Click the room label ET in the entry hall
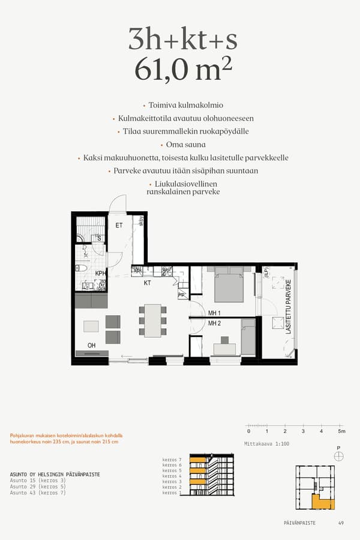coord(119,226)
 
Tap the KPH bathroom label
coord(100,274)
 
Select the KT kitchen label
coord(147,283)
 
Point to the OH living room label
coord(91,345)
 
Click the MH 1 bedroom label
coord(215,313)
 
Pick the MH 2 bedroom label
coord(215,323)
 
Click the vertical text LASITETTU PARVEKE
coord(289,307)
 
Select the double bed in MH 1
coord(229,286)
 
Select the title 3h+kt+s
coord(182,40)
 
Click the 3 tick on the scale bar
coord(303,431)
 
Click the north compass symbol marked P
coord(339,455)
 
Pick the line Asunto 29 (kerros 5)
coord(38,487)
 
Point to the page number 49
coord(341,523)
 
